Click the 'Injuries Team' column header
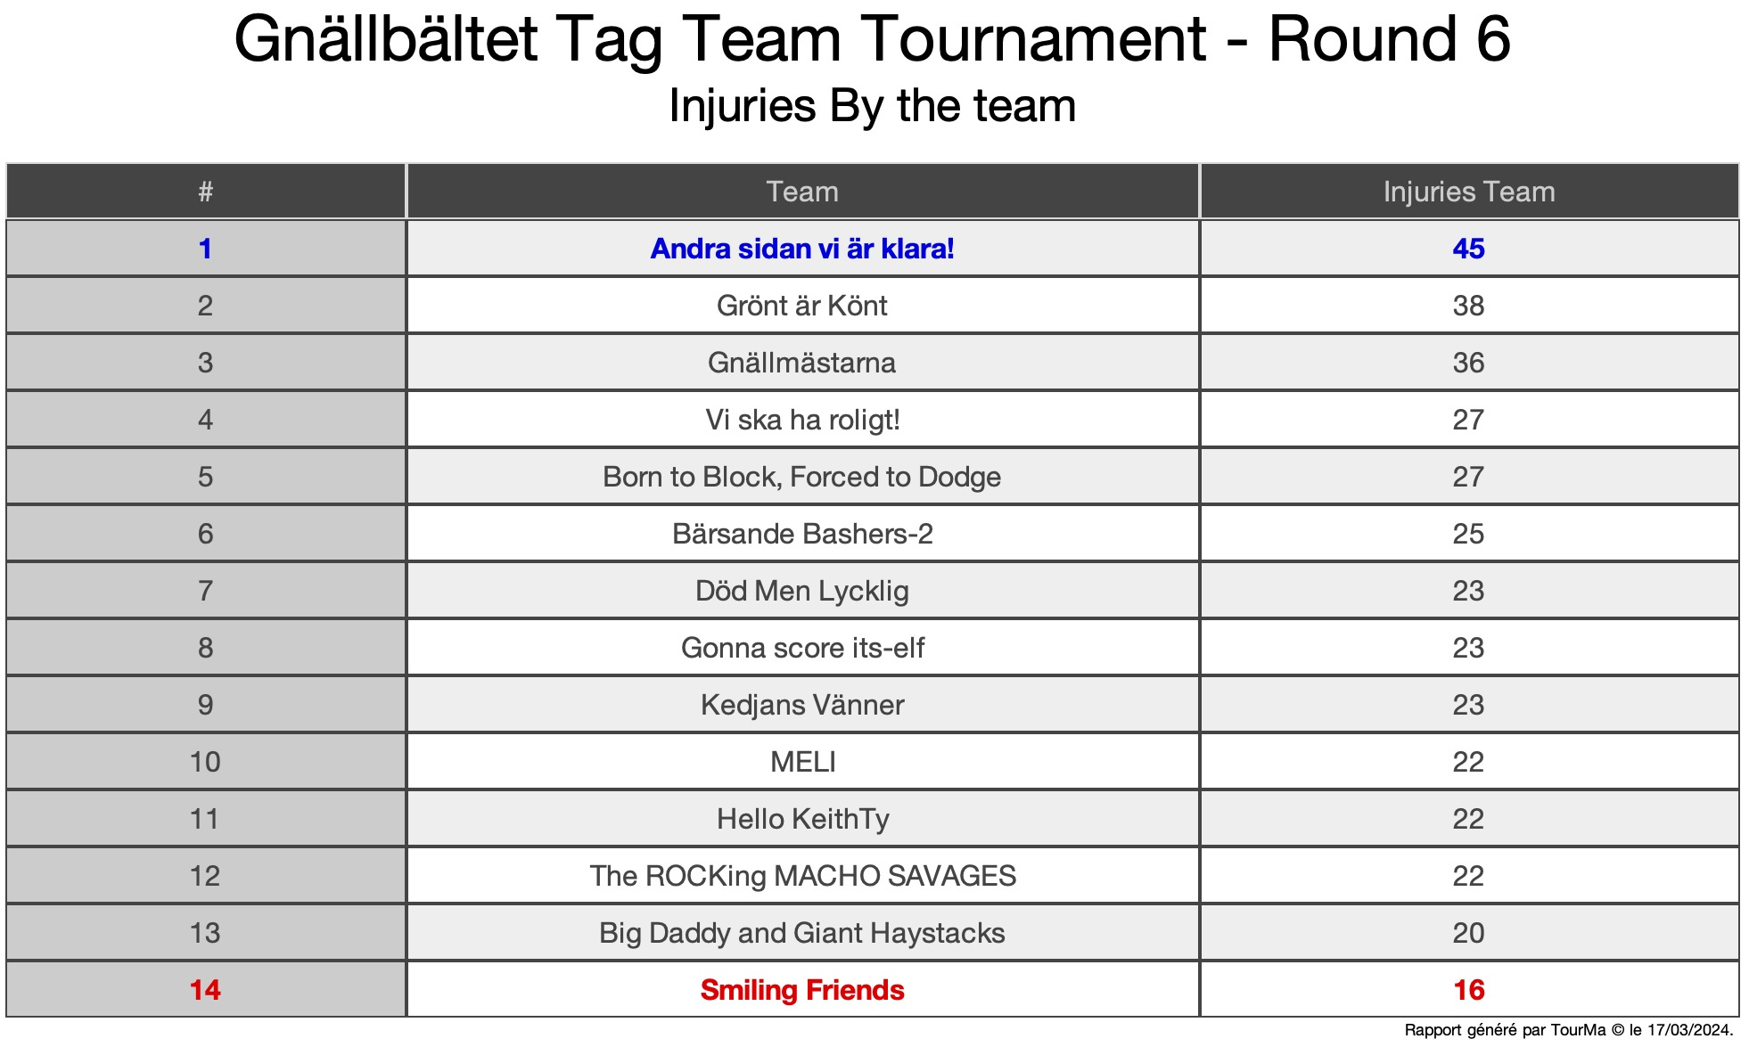(x=1469, y=192)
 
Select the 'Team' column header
(x=802, y=192)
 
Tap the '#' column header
(x=205, y=192)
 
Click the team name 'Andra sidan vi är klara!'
(x=802, y=249)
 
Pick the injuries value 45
(x=1469, y=249)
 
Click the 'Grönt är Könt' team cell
(x=802, y=306)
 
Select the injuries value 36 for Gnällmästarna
(x=1469, y=363)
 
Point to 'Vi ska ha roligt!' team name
(x=802, y=420)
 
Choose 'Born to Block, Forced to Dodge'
(x=802, y=477)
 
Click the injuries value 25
(x=1469, y=534)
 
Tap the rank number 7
(x=205, y=591)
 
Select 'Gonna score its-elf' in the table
(x=802, y=648)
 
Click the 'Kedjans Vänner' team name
(x=802, y=705)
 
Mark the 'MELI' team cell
(x=802, y=762)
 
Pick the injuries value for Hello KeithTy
(x=1469, y=819)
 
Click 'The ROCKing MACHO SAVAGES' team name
(x=802, y=876)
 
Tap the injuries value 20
(x=1469, y=933)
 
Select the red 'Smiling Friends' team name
(x=802, y=990)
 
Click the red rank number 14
(x=205, y=990)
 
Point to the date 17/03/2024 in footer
(x=1688, y=1030)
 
